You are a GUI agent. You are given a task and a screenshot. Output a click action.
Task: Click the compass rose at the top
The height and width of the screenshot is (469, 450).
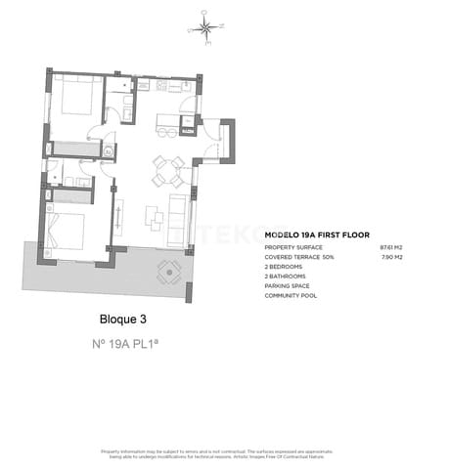[205, 26]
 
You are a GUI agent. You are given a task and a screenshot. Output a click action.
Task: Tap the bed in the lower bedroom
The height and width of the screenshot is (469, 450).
[67, 231]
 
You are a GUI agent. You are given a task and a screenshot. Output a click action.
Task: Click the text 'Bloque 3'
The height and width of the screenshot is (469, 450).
[123, 319]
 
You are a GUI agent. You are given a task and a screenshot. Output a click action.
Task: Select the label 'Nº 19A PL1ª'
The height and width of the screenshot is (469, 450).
[128, 344]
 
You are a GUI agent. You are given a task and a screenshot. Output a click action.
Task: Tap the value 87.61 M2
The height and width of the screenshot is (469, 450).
[391, 248]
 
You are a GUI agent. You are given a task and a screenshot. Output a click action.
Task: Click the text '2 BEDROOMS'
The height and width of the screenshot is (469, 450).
[284, 267]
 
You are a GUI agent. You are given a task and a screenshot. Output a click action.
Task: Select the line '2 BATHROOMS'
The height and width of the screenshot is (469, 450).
[286, 277]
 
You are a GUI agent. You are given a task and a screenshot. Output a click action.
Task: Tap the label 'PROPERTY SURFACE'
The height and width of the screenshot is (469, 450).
[294, 248]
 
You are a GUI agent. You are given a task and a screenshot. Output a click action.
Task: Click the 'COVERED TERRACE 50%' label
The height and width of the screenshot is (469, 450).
[299, 257]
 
